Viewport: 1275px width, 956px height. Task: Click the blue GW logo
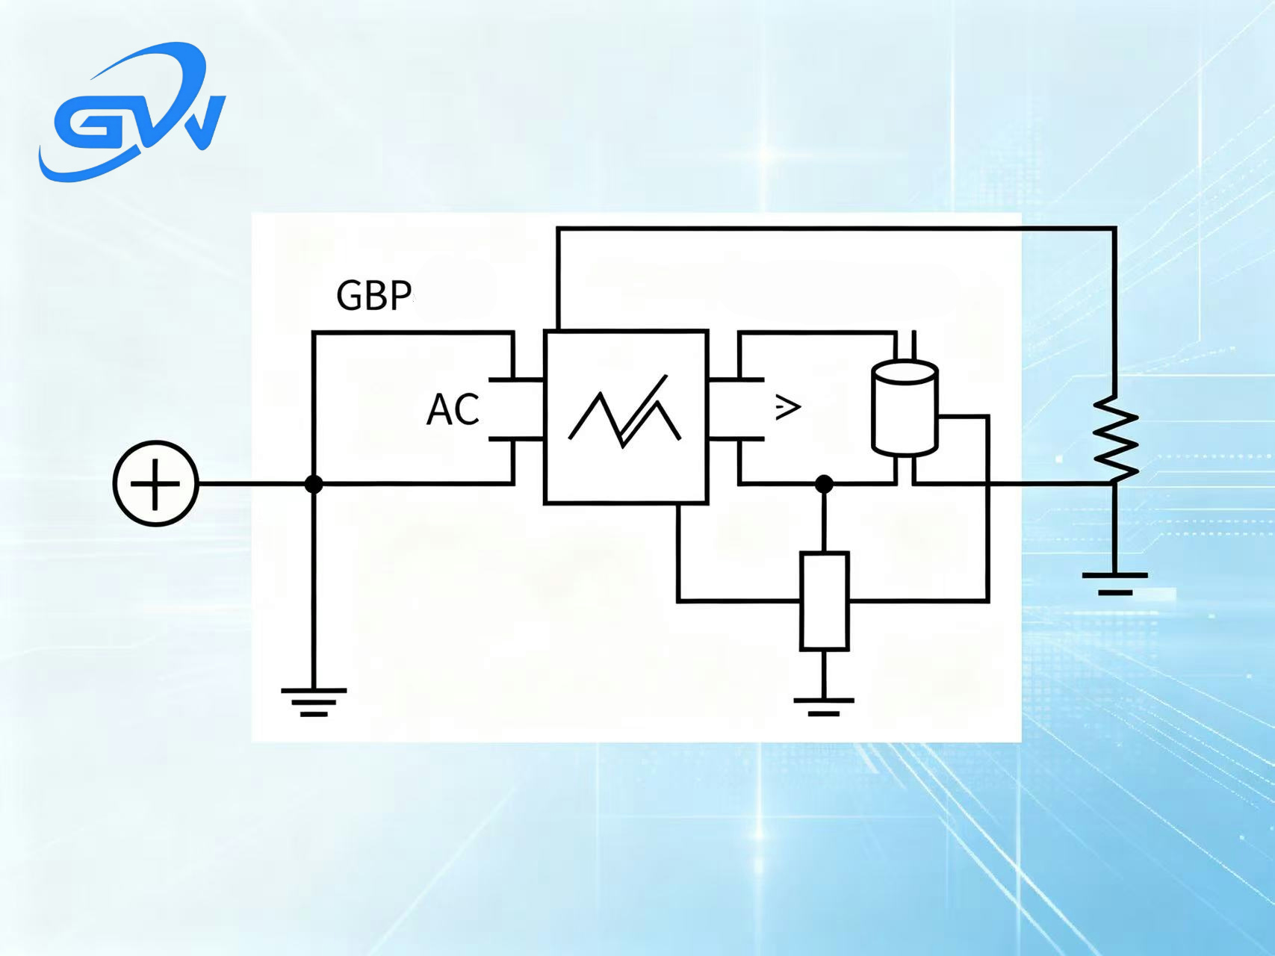pos(131,112)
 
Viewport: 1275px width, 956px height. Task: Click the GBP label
pos(374,295)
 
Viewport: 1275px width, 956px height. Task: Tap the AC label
pos(453,409)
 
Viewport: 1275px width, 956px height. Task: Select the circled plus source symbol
pos(155,484)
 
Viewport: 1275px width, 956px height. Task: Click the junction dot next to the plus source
pos(314,484)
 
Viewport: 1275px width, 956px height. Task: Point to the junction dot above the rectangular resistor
pos(824,484)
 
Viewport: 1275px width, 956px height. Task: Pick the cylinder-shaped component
pos(905,407)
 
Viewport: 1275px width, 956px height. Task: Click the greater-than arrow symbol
pos(787,407)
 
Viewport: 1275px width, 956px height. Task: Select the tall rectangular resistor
pos(824,601)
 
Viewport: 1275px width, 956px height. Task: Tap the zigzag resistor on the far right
pos(1115,438)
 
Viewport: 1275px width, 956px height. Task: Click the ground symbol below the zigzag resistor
pos(1115,583)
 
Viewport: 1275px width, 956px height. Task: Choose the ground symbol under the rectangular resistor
pos(824,707)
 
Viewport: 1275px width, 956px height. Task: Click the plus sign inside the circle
pos(155,484)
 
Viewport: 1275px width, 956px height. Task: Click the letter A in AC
pos(439,410)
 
